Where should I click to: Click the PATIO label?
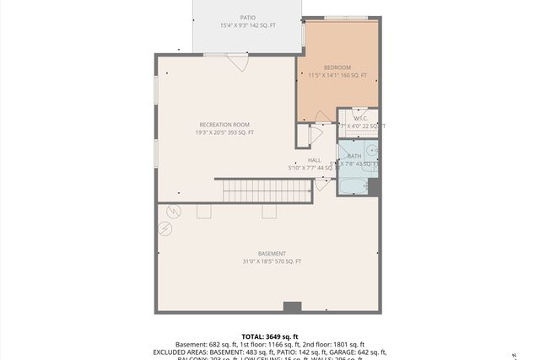247,17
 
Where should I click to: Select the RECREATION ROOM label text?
224,125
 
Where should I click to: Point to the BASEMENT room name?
272,254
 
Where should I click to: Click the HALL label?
314,160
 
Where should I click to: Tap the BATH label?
354,156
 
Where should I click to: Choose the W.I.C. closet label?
359,119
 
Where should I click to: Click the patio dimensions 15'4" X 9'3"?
247,25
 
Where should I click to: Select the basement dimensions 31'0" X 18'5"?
272,261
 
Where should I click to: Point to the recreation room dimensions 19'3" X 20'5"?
224,132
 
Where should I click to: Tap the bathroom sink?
371,151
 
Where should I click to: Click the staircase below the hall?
267,191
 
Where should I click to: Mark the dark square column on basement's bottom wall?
292,307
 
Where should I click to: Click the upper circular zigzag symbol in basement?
175,210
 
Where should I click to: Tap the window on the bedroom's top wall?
346,17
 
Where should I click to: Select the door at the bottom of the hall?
321,184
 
